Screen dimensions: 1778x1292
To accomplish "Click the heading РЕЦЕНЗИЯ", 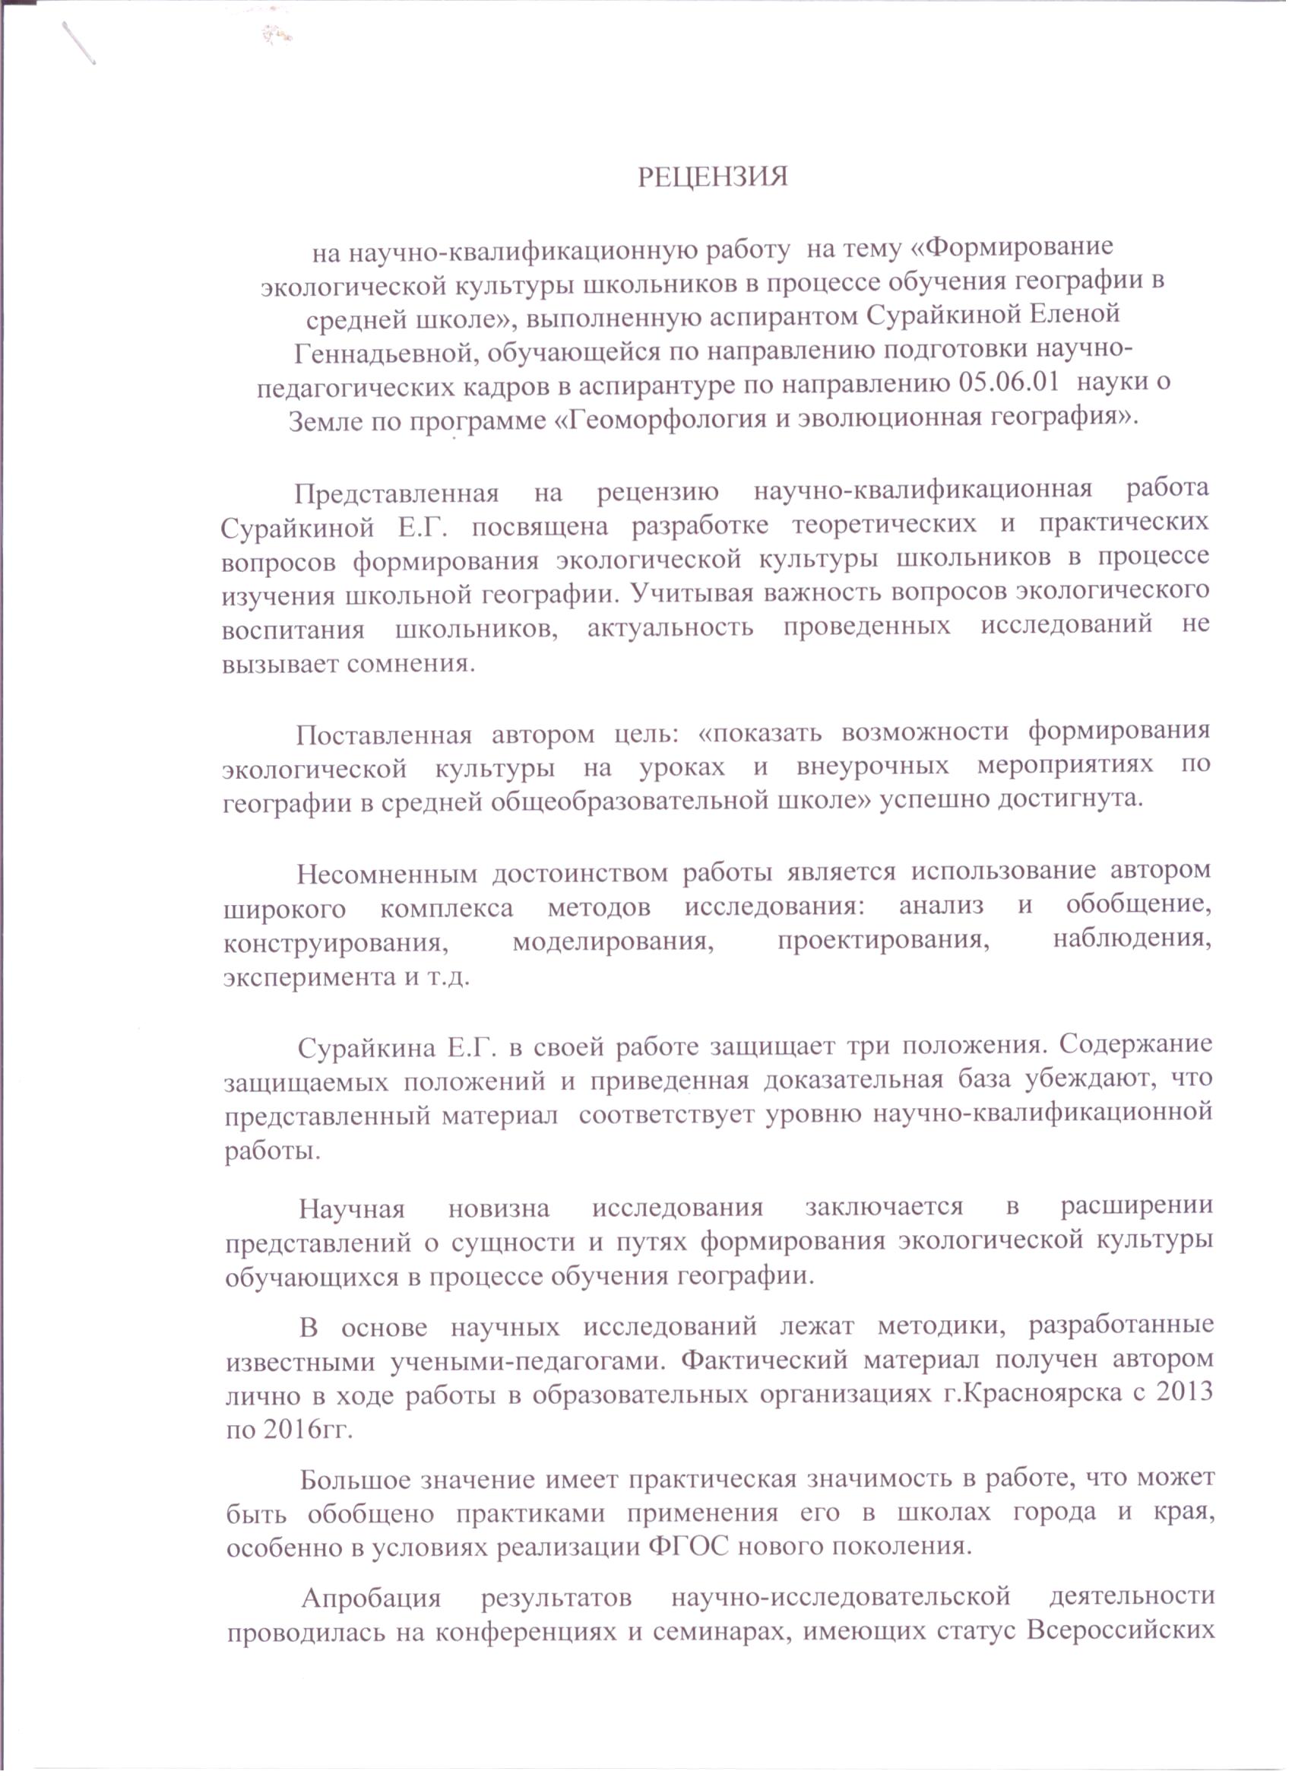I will pyautogui.click(x=711, y=177).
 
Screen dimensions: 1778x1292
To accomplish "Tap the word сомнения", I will pyautogui.click(x=410, y=662).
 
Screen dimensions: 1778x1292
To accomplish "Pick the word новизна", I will pyautogui.click(x=499, y=1208).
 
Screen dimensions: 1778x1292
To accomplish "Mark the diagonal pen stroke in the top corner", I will pyautogui.click(x=79, y=43).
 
